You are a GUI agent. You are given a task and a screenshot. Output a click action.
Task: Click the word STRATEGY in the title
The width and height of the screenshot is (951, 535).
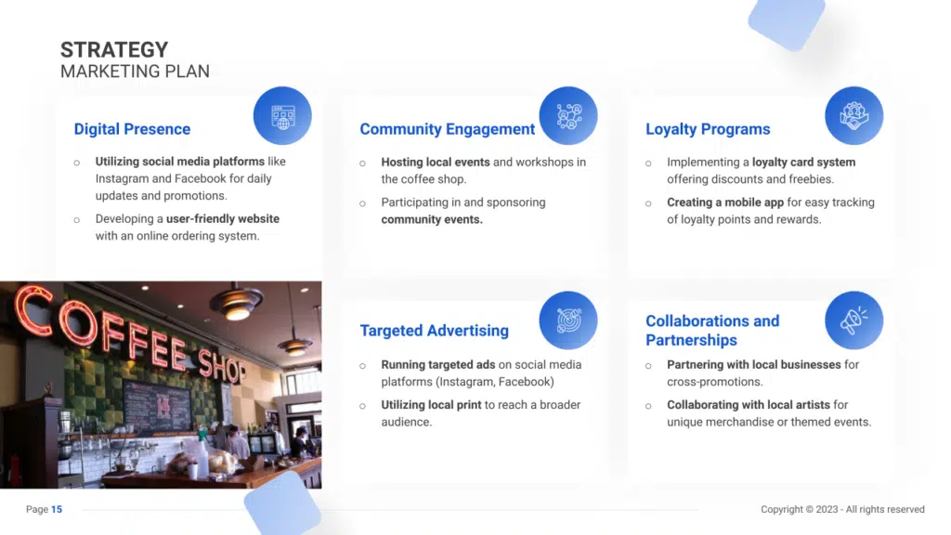click(x=114, y=50)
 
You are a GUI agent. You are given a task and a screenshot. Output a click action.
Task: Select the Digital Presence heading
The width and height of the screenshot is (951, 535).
click(x=132, y=129)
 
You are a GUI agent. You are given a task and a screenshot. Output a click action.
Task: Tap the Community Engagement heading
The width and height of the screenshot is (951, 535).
click(x=447, y=129)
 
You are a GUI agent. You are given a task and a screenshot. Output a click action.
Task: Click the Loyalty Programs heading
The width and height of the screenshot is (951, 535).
click(x=708, y=129)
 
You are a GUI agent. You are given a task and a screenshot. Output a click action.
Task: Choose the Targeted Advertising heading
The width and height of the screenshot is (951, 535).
click(x=435, y=331)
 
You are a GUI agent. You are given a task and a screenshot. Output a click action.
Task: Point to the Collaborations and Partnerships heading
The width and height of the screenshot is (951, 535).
click(x=712, y=331)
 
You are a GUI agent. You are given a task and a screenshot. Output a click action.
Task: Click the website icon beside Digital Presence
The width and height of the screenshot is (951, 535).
click(x=282, y=116)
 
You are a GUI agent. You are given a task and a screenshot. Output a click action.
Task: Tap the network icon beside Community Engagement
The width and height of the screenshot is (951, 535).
click(x=568, y=116)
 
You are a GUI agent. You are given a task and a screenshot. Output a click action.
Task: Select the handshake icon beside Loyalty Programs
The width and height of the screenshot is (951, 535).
click(x=854, y=116)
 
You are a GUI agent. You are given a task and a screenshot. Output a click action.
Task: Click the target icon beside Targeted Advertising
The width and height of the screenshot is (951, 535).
click(x=568, y=320)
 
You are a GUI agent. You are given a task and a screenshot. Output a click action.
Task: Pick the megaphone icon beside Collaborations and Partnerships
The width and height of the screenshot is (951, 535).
click(x=854, y=320)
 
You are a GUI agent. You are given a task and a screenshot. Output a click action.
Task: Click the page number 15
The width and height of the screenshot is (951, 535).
click(x=57, y=510)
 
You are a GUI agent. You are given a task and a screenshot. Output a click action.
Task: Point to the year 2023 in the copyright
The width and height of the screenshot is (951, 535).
click(x=827, y=510)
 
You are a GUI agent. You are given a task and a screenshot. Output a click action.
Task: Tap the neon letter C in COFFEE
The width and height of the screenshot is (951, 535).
click(x=34, y=310)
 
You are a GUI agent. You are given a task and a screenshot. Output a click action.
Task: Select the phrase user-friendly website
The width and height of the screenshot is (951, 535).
click(x=223, y=219)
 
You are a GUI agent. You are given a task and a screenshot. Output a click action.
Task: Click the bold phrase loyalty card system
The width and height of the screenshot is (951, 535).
click(x=803, y=163)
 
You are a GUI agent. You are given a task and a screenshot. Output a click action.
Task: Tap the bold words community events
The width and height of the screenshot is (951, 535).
click(x=432, y=219)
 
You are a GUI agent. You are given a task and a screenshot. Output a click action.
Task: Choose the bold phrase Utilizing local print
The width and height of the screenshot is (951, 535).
click(x=431, y=405)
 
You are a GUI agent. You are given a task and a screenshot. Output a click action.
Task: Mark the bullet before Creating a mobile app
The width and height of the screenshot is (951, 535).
click(x=648, y=203)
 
